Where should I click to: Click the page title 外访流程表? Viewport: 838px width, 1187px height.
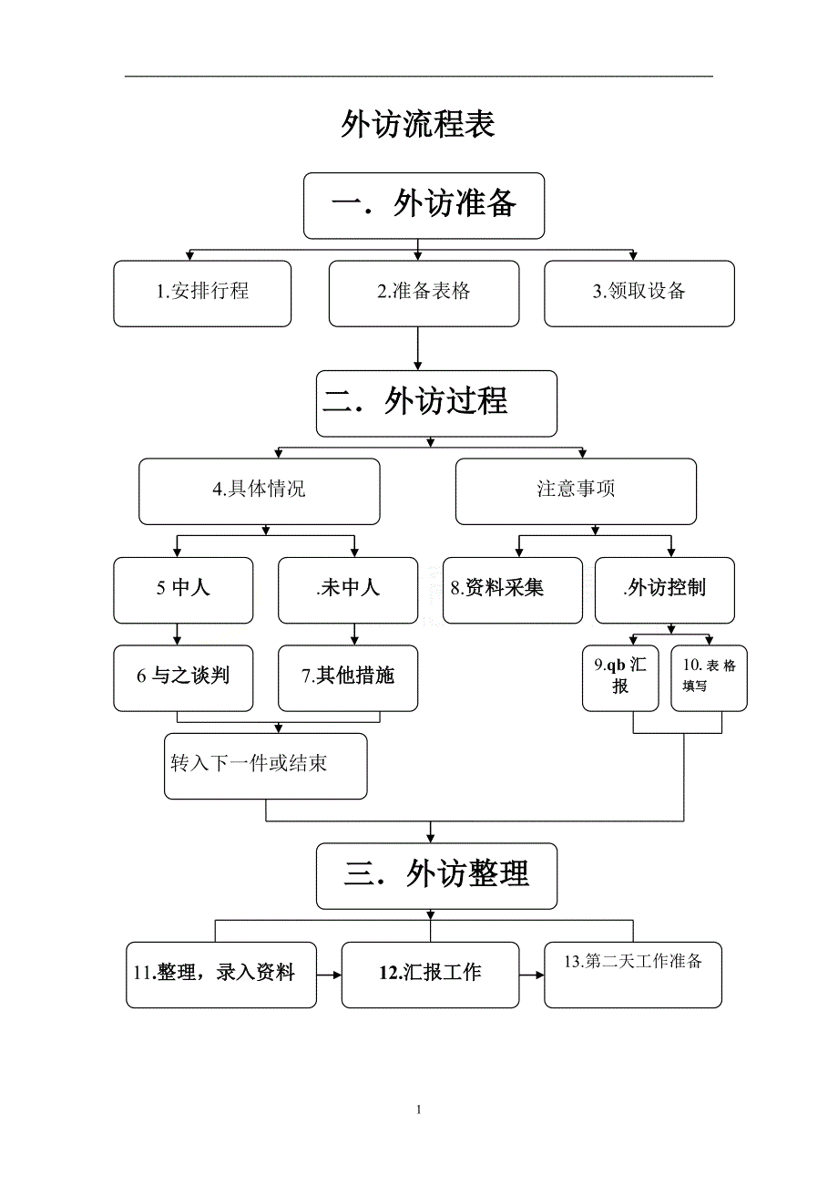(x=418, y=124)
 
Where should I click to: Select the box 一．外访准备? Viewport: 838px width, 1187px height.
(x=424, y=205)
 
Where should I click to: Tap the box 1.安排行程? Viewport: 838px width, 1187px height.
(x=202, y=293)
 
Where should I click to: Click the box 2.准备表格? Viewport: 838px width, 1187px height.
(x=424, y=293)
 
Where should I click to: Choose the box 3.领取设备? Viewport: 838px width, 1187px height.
(x=639, y=293)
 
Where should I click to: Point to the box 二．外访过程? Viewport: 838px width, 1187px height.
(x=436, y=402)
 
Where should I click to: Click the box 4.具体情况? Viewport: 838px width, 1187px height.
(x=259, y=490)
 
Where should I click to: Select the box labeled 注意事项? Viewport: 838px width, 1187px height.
(x=576, y=490)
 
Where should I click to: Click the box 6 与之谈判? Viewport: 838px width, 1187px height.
(x=183, y=677)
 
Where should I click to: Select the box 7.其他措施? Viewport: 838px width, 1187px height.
(x=347, y=677)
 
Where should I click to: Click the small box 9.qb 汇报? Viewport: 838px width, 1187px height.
(x=620, y=677)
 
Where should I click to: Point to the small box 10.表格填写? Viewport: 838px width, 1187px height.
(x=709, y=677)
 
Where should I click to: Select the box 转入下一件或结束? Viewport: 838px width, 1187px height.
(x=266, y=765)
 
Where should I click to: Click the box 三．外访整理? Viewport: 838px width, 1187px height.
(x=436, y=875)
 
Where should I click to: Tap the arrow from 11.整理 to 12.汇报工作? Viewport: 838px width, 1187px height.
(x=329, y=975)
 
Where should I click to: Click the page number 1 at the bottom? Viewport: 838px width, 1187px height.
(x=418, y=1110)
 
